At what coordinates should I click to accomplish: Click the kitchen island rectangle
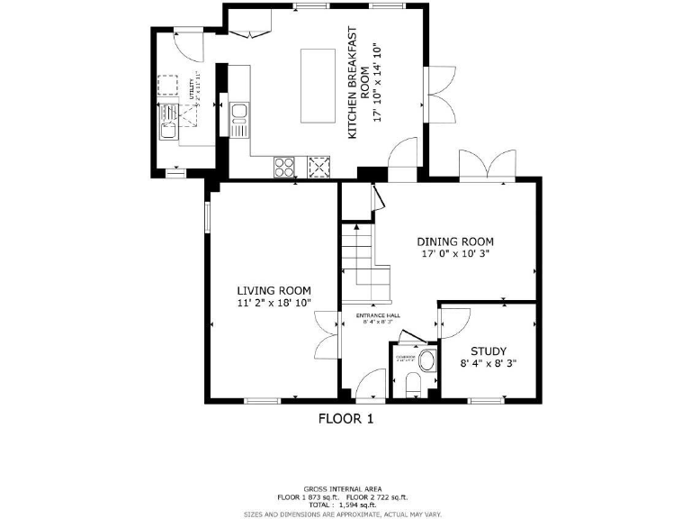point(316,86)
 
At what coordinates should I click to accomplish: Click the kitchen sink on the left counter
point(238,114)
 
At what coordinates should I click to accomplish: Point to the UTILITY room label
point(192,89)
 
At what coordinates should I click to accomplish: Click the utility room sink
point(168,132)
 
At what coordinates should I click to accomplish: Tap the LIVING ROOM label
point(274,290)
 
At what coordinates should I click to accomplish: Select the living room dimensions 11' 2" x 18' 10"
point(274,304)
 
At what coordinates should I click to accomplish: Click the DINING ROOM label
point(455,241)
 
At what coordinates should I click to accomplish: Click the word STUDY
point(489,351)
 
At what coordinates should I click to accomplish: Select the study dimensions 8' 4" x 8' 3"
point(489,364)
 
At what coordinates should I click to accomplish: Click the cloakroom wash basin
point(426,361)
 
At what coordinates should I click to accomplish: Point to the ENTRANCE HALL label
point(378,315)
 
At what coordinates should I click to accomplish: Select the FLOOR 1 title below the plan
point(345,418)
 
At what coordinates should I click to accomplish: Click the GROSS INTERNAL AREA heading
point(344,487)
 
